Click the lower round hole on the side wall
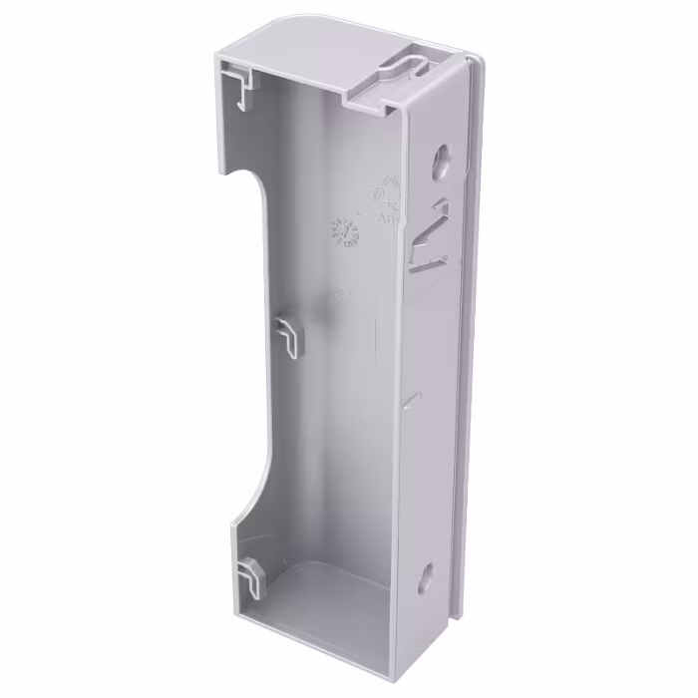(x=426, y=574)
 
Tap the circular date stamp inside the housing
(x=344, y=232)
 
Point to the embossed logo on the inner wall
(x=384, y=194)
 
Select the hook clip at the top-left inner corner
(x=237, y=86)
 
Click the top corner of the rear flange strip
(x=477, y=62)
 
